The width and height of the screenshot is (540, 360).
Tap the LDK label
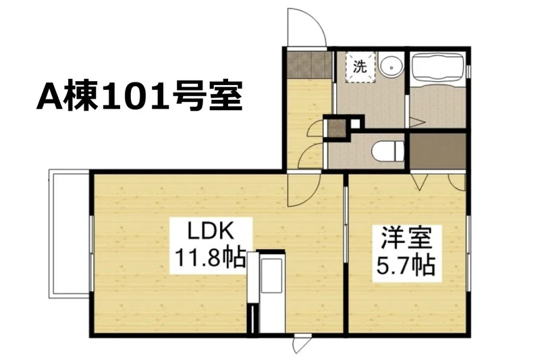[211, 232]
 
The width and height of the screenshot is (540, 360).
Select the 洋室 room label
[406, 238]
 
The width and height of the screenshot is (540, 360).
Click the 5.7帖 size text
[406, 265]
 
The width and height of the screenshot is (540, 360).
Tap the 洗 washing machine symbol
[360, 67]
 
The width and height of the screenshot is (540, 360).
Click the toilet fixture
[388, 151]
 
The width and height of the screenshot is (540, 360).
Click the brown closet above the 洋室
[437, 151]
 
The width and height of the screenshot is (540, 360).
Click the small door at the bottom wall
[302, 344]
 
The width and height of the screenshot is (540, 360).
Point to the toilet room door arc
[311, 156]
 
